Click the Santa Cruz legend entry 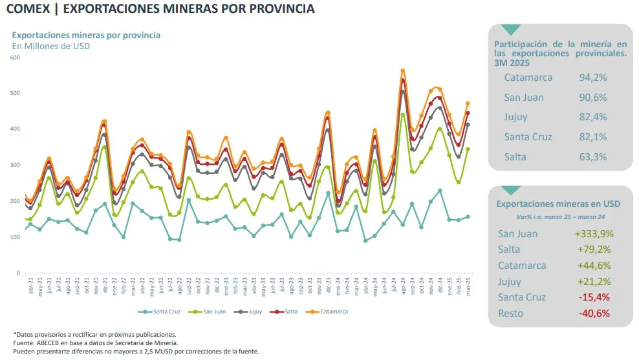166,312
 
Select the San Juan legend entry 214,312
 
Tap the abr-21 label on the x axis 30,286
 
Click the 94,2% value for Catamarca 593,78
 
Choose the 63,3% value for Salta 593,157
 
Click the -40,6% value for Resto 592,313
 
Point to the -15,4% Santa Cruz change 592,297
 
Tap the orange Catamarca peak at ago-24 403,70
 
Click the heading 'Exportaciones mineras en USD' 558,203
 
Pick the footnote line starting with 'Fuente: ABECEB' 95,343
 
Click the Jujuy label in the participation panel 515,118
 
